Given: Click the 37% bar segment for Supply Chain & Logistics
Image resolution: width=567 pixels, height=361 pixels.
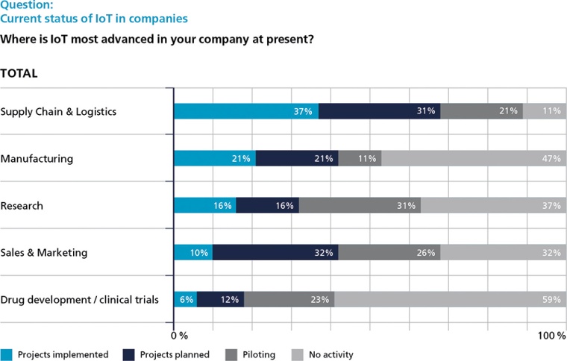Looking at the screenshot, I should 246,111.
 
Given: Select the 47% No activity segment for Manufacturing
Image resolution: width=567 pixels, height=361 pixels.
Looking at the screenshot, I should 474,158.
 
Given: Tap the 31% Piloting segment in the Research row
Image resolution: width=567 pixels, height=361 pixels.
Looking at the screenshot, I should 360,205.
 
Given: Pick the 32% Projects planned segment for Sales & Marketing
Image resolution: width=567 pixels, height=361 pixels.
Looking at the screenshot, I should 275,253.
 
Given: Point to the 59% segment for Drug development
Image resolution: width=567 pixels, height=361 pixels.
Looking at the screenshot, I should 450,300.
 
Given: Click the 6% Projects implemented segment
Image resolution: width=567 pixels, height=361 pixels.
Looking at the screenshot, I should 185,300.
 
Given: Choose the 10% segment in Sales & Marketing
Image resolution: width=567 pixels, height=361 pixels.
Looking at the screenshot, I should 193,253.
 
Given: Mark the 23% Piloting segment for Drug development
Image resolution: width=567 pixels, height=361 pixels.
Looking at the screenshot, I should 289,300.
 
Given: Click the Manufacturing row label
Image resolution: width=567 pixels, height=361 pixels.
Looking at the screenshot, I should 37,159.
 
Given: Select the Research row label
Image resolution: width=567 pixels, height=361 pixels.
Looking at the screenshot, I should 22,206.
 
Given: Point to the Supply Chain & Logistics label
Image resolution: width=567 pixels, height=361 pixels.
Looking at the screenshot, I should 59,112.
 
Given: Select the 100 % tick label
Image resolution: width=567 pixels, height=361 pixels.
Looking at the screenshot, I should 551,336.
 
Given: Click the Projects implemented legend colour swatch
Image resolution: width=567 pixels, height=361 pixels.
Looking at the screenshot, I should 7,355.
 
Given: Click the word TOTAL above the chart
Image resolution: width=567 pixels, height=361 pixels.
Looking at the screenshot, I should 19,74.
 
